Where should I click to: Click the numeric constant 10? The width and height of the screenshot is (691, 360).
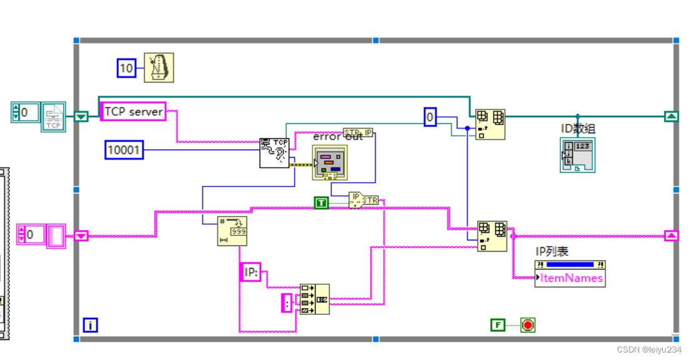pyautogui.click(x=126, y=68)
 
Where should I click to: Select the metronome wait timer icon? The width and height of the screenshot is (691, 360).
pyautogui.click(x=159, y=68)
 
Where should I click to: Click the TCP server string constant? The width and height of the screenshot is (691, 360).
pyautogui.click(x=133, y=111)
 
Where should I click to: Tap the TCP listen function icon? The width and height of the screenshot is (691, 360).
pyautogui.click(x=275, y=153)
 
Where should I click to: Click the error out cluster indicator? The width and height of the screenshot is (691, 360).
pyautogui.click(x=329, y=164)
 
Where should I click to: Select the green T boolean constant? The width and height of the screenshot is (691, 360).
pyautogui.click(x=321, y=202)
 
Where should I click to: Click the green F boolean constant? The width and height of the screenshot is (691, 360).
pyautogui.click(x=498, y=325)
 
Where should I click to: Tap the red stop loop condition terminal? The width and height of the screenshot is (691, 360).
pyautogui.click(x=528, y=325)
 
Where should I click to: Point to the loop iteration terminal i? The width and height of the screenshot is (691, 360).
pyautogui.click(x=90, y=325)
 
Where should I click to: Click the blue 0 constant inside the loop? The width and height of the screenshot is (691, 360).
pyautogui.click(x=430, y=117)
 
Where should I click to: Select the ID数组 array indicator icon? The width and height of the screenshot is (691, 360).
pyautogui.click(x=577, y=155)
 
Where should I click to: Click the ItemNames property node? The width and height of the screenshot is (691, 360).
pyautogui.click(x=570, y=278)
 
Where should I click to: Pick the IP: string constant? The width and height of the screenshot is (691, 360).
pyautogui.click(x=250, y=272)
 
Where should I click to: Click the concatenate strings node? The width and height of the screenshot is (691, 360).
pyautogui.click(x=314, y=299)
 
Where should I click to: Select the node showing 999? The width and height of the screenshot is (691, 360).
pyautogui.click(x=232, y=231)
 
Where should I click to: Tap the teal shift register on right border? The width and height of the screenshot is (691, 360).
pyautogui.click(x=670, y=116)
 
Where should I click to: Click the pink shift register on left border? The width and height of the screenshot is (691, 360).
pyautogui.click(x=81, y=236)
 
